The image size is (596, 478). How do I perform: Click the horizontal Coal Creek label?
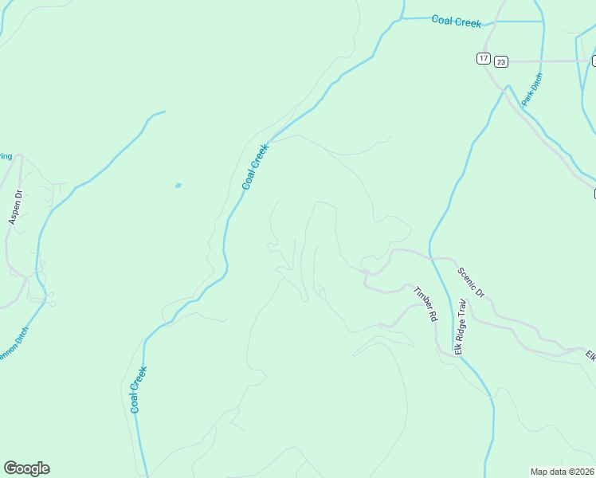(457, 22)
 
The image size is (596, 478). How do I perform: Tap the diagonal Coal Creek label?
(255, 167)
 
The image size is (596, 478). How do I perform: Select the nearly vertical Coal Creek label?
(139, 390)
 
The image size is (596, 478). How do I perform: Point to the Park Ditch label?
(531, 89)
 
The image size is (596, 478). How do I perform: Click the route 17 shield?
(484, 58)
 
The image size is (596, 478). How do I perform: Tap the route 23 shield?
(500, 61)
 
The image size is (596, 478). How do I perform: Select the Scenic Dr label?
(471, 282)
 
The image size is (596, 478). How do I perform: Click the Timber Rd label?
(425, 304)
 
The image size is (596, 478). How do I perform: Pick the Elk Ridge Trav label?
(460, 327)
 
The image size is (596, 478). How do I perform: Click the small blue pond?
(178, 186)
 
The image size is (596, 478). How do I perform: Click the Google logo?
(26, 468)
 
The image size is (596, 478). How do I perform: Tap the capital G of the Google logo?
(10, 468)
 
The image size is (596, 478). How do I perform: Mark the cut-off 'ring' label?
(5, 156)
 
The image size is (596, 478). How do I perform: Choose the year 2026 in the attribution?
(586, 472)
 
